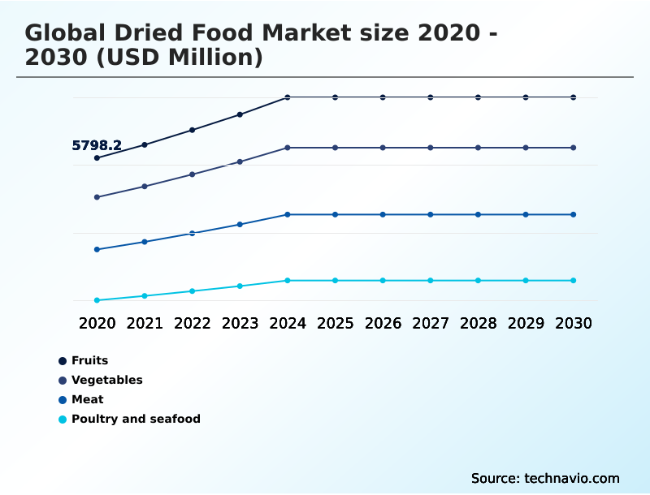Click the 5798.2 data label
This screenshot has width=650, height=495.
tap(97, 146)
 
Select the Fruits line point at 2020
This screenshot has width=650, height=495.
tap(97, 157)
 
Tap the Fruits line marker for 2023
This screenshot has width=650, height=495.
tap(240, 114)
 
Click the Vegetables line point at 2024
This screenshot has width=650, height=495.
tap(288, 148)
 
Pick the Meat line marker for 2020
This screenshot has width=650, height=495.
tap(97, 249)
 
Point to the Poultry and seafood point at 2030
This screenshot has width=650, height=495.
tap(573, 281)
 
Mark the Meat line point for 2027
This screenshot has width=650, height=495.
tap(431, 214)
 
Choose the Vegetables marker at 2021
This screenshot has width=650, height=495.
tap(145, 187)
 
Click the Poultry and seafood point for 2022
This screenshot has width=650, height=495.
tap(193, 291)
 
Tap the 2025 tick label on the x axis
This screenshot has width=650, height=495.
tap(335, 323)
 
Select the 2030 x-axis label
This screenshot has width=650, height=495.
tap(573, 323)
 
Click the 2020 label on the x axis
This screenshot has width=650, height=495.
tap(97, 323)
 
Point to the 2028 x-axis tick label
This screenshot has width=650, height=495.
tap(478, 323)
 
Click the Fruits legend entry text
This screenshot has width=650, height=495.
tap(89, 360)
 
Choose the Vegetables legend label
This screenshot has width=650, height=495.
tap(106, 380)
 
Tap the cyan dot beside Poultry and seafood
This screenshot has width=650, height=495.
tap(63, 420)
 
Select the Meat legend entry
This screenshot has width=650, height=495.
tap(87, 399)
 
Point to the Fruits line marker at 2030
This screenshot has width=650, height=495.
tap(573, 97)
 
